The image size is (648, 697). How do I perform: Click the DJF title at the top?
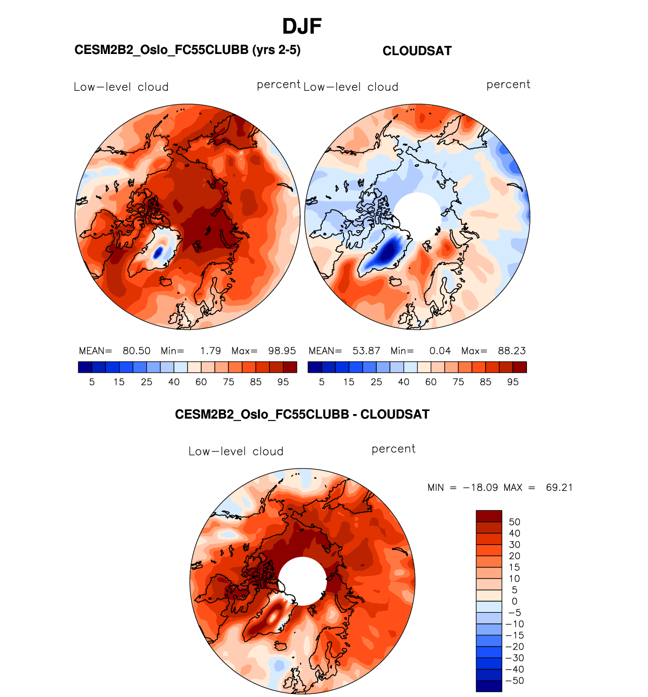[302, 26]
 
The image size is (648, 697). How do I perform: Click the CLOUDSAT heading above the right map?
[417, 51]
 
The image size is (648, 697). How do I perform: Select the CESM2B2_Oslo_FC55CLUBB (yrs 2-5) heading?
[187, 50]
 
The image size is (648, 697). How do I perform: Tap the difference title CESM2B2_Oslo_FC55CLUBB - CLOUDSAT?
[302, 415]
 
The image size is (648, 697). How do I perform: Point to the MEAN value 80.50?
[137, 351]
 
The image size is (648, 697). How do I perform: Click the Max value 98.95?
[282, 351]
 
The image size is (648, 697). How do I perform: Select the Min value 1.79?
[210, 351]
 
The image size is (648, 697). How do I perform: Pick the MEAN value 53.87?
[366, 351]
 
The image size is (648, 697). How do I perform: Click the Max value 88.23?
[511, 351]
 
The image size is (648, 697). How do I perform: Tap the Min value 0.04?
[440, 351]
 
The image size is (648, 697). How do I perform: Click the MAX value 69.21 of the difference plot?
[559, 488]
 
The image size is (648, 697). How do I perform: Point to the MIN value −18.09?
[480, 488]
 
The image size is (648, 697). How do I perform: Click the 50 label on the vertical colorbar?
[514, 522]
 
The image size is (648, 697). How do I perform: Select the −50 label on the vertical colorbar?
[515, 681]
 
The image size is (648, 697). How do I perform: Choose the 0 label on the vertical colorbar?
[514, 601]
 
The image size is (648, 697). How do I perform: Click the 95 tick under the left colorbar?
[283, 382]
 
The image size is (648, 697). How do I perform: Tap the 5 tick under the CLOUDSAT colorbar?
[322, 382]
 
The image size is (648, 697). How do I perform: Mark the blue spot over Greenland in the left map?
[158, 252]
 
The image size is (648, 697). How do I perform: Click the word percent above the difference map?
[393, 449]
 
